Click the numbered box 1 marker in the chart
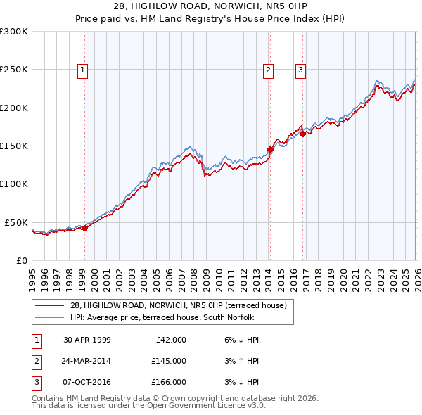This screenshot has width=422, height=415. pos(83,70)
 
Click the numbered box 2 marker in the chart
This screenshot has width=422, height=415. pos(269,70)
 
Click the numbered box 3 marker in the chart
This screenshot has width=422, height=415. pos(300,70)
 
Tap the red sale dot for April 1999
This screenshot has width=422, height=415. pos(84,228)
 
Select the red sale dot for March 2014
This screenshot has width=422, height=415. pos(270,149)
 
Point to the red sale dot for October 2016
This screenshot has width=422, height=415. pos(302,134)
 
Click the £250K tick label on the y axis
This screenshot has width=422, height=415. pos(14,70)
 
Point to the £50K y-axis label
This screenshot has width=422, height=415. pos(16,222)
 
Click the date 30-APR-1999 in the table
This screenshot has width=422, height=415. pos(87,340)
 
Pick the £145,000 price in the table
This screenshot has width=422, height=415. pos(169,361)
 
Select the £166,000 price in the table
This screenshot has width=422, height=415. pos(169,382)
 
